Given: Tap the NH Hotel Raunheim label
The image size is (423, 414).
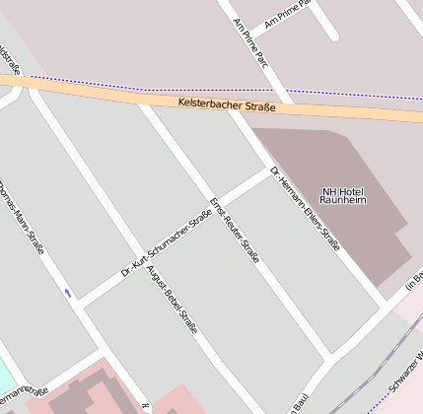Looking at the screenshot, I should point(342,195).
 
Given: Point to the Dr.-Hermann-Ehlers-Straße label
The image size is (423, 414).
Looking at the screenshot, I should point(306,212).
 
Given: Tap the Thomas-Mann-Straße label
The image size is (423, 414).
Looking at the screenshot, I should point(23,218).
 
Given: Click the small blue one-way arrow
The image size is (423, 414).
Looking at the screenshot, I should point(68,292).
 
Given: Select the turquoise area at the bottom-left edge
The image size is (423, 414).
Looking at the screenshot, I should point(4,376).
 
